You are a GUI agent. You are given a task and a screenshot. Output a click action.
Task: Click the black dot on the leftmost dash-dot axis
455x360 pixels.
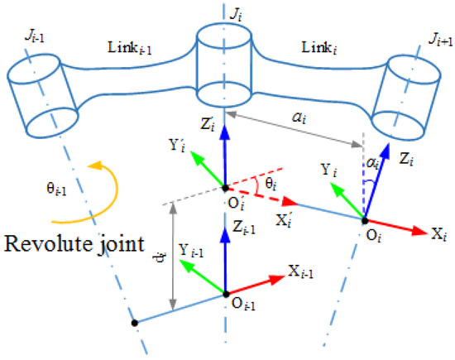click(x=133, y=322)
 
